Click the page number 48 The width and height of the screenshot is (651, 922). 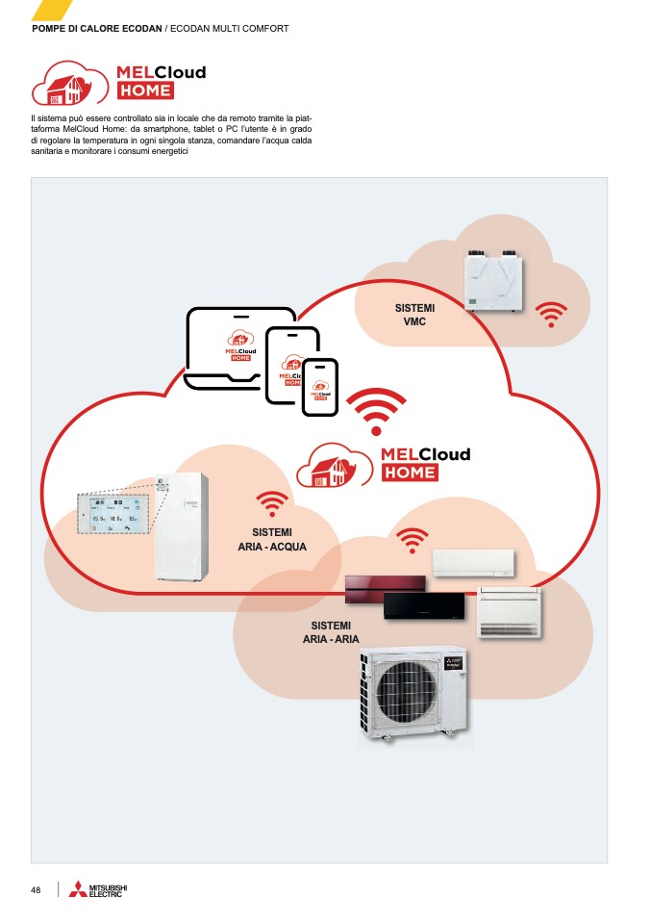(36, 889)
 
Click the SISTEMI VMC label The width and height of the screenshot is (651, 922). (414, 314)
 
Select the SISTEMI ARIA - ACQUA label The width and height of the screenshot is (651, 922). (272, 539)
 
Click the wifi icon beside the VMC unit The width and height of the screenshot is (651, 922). (551, 315)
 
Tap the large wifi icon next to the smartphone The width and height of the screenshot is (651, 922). (376, 411)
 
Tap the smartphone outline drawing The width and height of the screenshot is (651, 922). (320, 388)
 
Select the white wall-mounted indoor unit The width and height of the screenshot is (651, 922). (473, 563)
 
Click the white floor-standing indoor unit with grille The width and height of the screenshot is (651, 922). (510, 613)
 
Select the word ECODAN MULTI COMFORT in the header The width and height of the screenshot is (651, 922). (230, 29)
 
